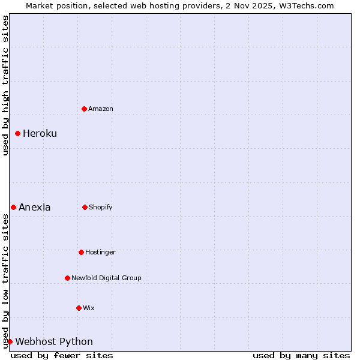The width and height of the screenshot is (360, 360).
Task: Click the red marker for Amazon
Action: [x=85, y=109]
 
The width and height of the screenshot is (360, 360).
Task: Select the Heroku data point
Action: [x=18, y=133]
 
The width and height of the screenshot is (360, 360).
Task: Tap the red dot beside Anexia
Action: [x=14, y=207]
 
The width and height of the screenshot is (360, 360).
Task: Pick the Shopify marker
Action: [x=85, y=207]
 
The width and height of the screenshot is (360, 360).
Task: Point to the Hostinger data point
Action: [x=81, y=252]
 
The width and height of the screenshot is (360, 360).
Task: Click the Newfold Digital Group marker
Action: [x=67, y=278]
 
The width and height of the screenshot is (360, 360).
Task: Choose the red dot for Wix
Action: [x=79, y=308]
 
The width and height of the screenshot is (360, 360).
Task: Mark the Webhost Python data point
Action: [x=10, y=341]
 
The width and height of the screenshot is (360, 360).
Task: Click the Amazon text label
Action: [x=101, y=109]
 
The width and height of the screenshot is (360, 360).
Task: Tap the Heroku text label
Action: [x=40, y=133]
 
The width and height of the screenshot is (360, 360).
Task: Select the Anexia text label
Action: [x=34, y=207]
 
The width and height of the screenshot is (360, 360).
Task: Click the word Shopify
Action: [x=101, y=207]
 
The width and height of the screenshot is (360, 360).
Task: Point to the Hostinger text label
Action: [x=100, y=252]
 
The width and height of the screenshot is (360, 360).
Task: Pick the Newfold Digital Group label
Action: [x=106, y=278]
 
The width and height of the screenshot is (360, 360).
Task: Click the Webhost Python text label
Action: [x=54, y=341]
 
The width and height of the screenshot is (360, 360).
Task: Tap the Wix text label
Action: [x=89, y=308]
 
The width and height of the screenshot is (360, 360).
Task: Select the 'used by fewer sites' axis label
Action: [x=62, y=355]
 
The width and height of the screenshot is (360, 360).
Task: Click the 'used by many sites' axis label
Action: [x=301, y=355]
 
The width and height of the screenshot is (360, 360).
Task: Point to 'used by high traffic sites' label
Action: [x=5, y=85]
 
